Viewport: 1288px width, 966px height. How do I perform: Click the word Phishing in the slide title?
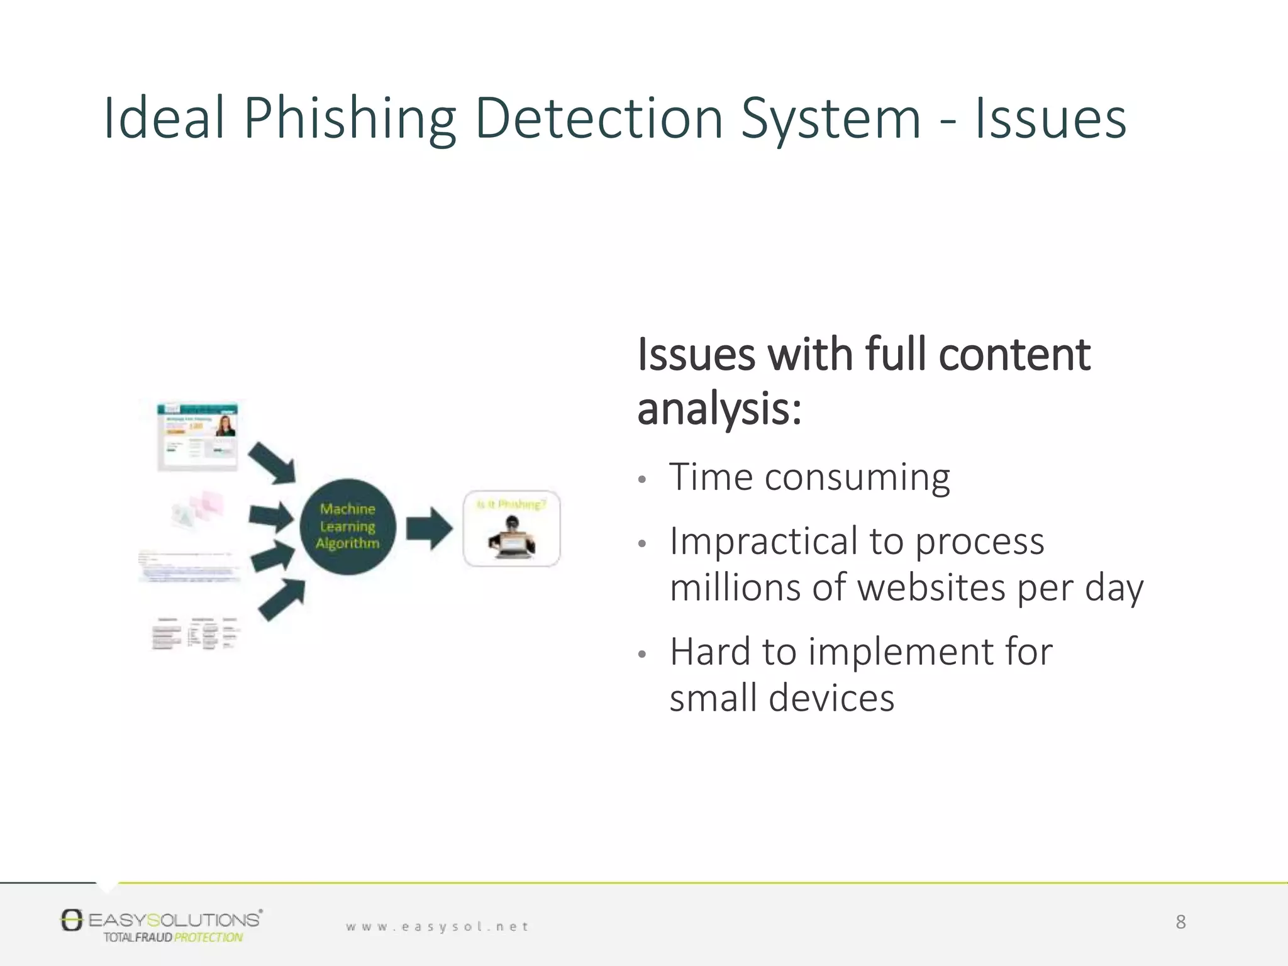pyautogui.click(x=350, y=119)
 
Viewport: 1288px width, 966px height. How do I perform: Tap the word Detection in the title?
pyautogui.click(x=599, y=119)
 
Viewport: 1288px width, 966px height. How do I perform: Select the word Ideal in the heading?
pyautogui.click(x=164, y=118)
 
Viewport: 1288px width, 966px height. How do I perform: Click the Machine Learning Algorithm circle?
pyautogui.click(x=348, y=526)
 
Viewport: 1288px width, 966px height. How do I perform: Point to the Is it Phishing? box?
pyautogui.click(x=511, y=528)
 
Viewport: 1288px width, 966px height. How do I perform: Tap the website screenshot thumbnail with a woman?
pyautogui.click(x=197, y=436)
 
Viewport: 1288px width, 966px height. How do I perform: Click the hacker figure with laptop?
pyautogui.click(x=512, y=538)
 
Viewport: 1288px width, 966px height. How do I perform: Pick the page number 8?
pyautogui.click(x=1180, y=922)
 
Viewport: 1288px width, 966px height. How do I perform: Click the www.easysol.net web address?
pyautogui.click(x=437, y=926)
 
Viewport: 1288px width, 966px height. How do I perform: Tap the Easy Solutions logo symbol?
pyautogui.click(x=72, y=920)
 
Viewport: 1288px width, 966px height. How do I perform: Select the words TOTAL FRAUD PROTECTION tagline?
pyautogui.click(x=173, y=938)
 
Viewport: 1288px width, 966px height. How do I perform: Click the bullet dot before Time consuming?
pyautogui.click(x=641, y=480)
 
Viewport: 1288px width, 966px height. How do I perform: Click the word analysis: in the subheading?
pyautogui.click(x=719, y=409)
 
